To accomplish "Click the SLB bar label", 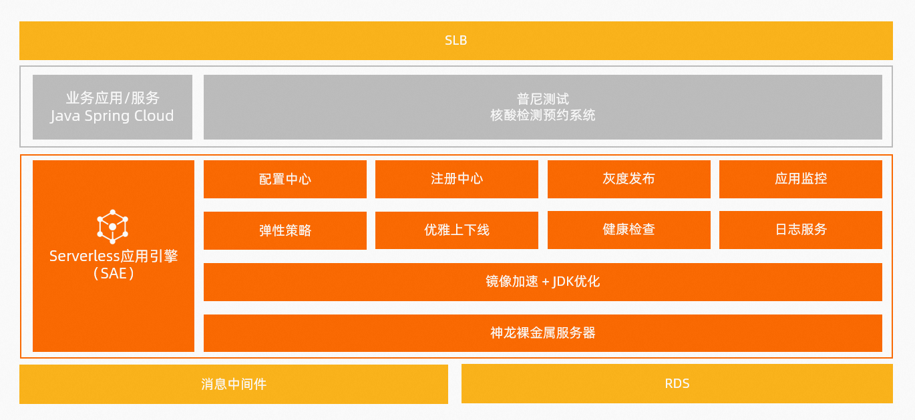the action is coord(456,41).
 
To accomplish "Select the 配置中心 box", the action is coord(285,180).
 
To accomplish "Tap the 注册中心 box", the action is coord(457,180).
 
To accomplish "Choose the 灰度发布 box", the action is coord(629,180).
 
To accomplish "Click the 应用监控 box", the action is coord(801,180).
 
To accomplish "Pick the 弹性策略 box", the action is coord(285,230).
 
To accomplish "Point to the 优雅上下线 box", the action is coord(457,230).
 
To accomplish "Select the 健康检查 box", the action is coord(629,230).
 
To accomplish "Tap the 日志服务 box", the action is coord(801,230).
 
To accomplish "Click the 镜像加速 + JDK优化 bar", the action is coord(543,282).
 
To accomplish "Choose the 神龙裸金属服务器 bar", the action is coord(543,333).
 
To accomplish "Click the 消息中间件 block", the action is coord(234,384).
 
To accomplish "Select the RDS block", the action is coord(677,384).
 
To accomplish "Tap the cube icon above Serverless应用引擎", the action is coord(113,226).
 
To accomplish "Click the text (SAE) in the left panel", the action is coord(114,273).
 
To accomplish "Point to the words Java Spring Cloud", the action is coord(112,116).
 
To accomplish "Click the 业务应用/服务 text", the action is coord(112,97).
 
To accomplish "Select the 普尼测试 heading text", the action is coord(543,99).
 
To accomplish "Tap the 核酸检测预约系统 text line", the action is coord(543,116).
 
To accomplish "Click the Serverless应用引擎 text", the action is coord(114,256).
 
